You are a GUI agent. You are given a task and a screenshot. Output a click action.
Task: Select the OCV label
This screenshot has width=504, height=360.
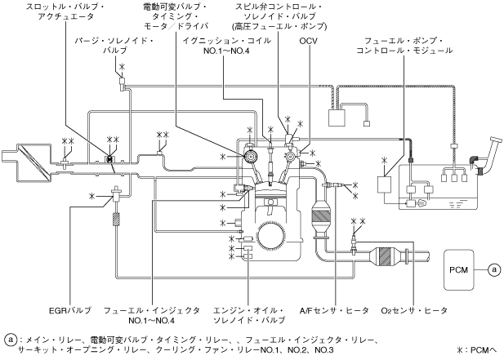[308, 40]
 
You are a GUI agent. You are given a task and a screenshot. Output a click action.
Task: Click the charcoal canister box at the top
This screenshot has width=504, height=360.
[337, 117]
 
